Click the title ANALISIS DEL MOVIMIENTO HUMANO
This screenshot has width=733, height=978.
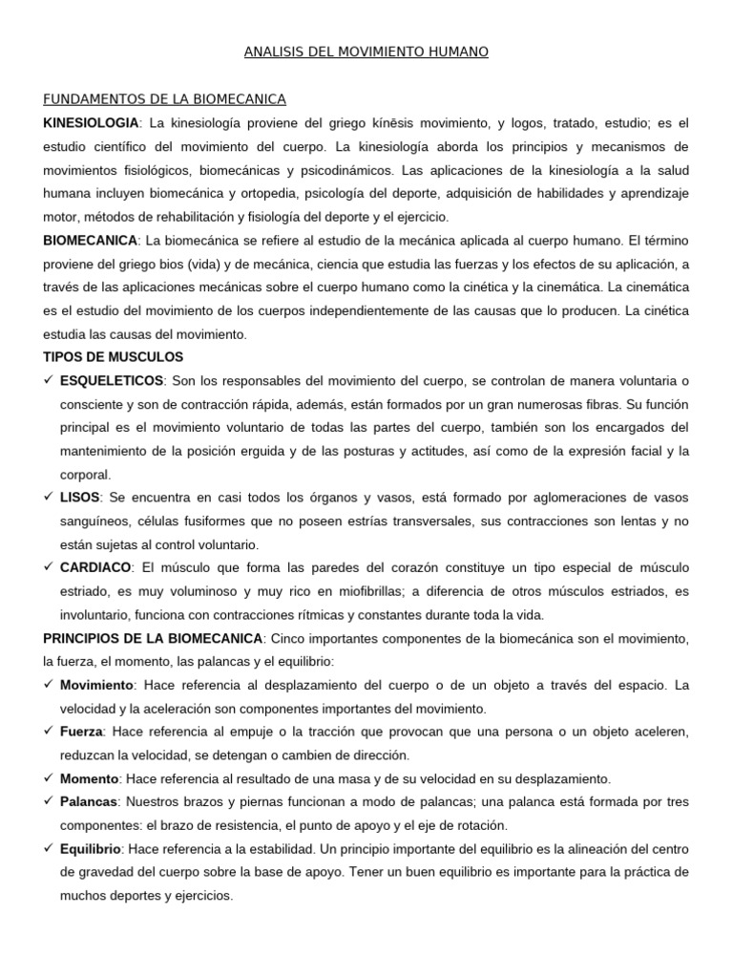366,53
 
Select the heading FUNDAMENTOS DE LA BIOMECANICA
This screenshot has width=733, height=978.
165,99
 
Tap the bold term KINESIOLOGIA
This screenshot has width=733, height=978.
92,123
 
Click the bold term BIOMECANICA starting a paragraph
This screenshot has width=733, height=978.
91,240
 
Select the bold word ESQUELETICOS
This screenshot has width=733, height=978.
112,381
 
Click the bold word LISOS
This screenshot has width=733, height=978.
78,498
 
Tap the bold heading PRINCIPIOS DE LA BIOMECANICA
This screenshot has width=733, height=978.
153,638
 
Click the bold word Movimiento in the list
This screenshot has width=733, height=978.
96,685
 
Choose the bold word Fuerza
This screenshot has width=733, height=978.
81,732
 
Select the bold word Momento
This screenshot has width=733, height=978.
89,778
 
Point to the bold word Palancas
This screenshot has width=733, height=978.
89,801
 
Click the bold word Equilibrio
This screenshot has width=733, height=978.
92,848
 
